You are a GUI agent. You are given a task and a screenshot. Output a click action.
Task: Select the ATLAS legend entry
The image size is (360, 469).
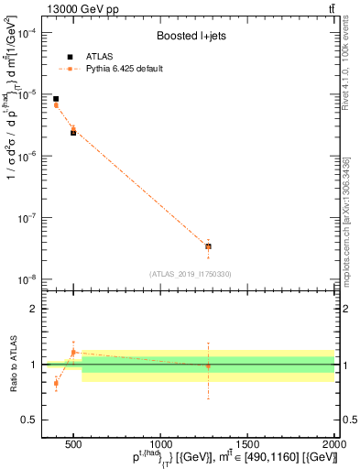pyautogui.click(x=88, y=57)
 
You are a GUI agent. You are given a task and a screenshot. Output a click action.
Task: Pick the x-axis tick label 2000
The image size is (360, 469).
pyautogui.click(x=333, y=444)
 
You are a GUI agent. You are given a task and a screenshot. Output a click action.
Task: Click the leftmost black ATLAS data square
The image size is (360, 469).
pyautogui.click(x=56, y=99)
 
